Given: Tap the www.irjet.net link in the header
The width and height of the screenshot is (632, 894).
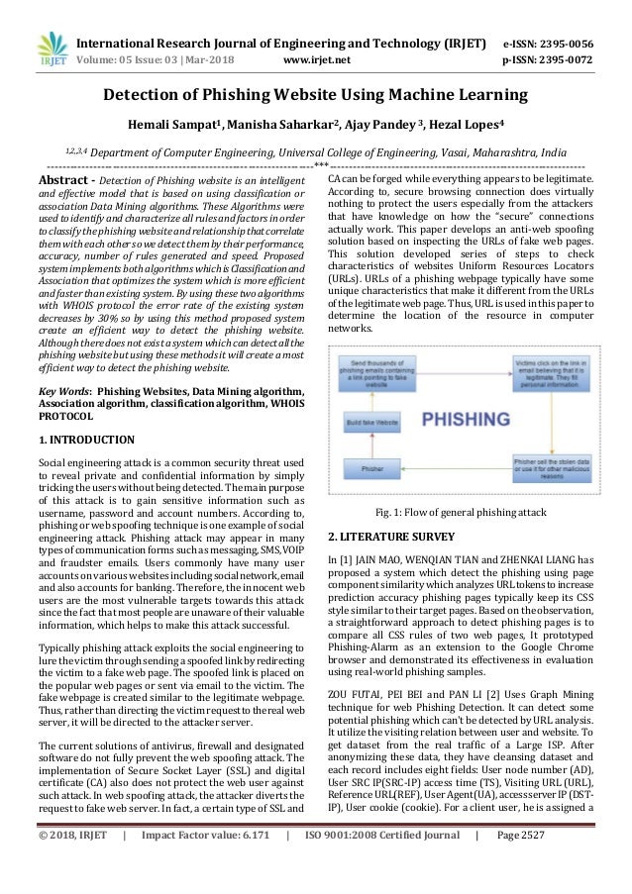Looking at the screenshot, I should pyautogui.click(x=312, y=58).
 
